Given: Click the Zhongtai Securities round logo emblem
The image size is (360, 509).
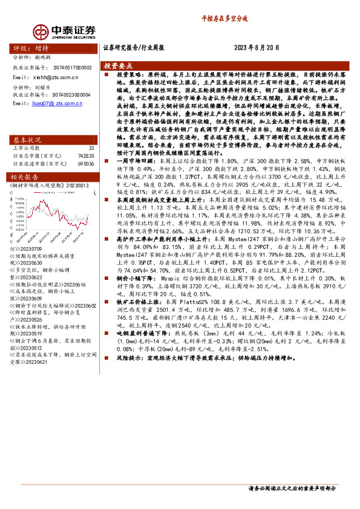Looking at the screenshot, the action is (41, 31).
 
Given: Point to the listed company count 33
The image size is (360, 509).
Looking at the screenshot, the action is (91, 148).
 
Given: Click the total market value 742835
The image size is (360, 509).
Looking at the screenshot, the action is (86, 155).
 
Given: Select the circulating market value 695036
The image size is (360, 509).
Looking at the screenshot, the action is (86, 163).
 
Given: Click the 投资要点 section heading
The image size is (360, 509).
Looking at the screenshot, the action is (118, 65).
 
